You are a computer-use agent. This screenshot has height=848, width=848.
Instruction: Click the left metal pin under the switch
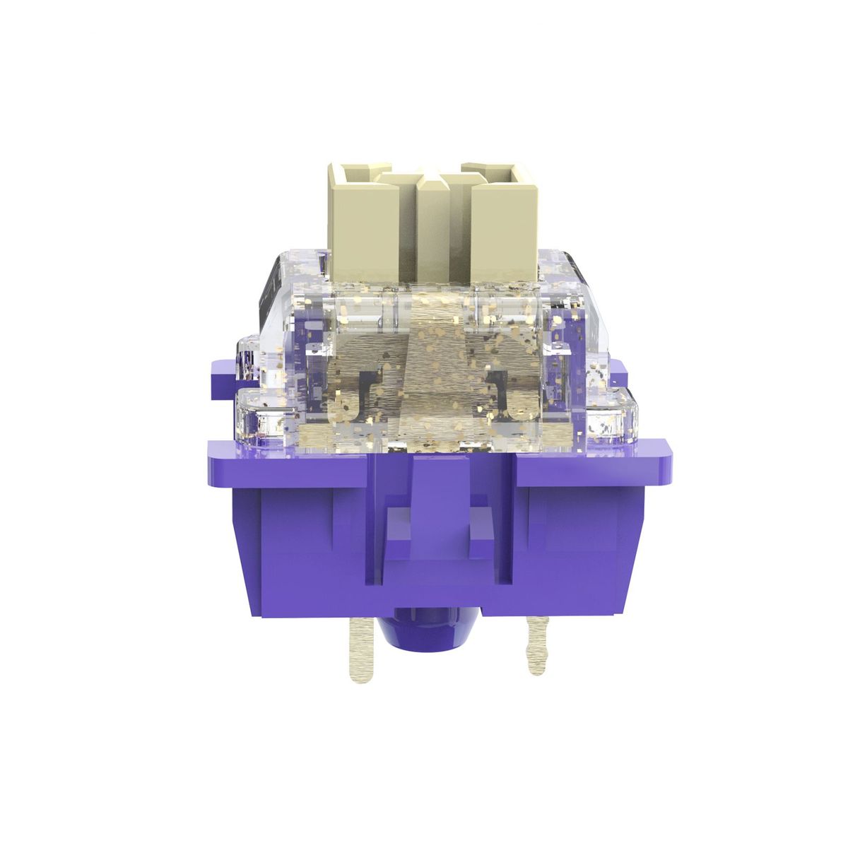(361, 650)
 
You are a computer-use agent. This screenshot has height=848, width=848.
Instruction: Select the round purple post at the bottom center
(430, 636)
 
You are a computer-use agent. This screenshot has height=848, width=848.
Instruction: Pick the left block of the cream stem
(354, 219)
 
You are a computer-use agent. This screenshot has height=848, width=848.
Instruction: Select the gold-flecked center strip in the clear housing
(431, 367)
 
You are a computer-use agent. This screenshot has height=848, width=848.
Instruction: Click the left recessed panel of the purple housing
(297, 537)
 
